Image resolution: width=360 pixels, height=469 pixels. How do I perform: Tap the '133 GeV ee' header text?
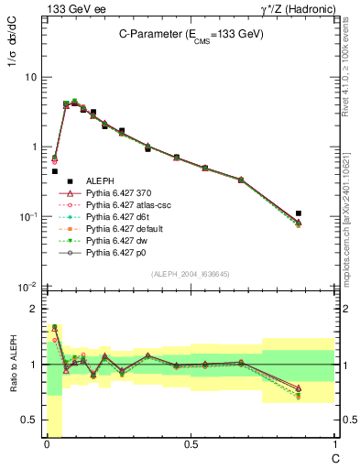[69, 8]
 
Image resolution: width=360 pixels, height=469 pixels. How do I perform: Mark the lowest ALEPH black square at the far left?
[54, 171]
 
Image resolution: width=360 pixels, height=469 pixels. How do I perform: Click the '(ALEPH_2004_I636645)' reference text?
[191, 274]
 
